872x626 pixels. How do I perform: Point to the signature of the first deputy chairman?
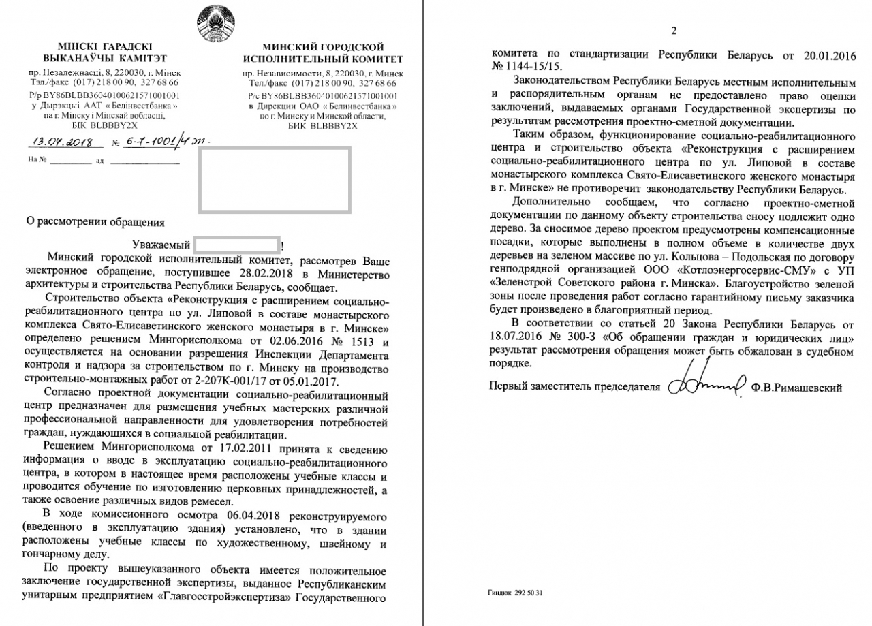pyautogui.click(x=705, y=387)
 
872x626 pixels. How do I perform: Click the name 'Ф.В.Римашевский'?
pyautogui.click(x=797, y=388)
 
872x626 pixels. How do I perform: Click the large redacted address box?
pyautogui.click(x=275, y=178)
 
